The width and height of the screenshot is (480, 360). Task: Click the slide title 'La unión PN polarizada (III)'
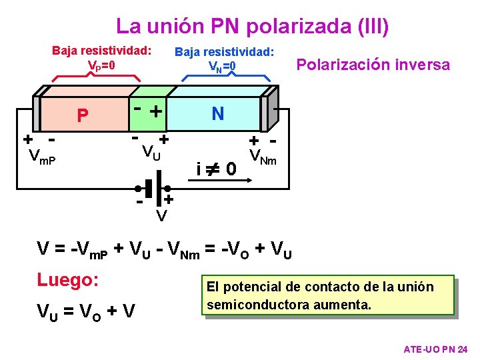pos(252,26)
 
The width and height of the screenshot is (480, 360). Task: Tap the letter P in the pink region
pos(82,117)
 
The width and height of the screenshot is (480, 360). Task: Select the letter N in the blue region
pos(217,114)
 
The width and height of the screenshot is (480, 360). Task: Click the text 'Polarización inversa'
pos(373,65)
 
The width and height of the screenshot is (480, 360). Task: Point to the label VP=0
pos(101,66)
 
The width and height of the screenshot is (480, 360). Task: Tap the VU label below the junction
pos(151,153)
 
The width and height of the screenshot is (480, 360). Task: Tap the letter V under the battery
pos(161,216)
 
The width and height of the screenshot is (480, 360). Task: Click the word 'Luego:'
pos(69,279)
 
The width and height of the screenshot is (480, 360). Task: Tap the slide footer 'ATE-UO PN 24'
pos(436,349)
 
